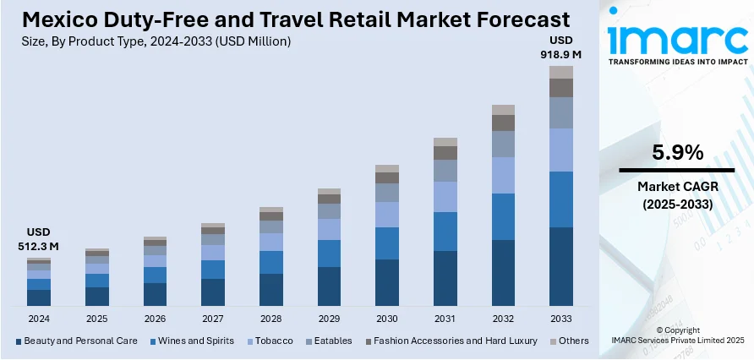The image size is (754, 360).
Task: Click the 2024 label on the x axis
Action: point(39,319)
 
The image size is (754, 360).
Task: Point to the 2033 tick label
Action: point(561,319)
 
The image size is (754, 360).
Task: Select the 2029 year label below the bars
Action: point(329,319)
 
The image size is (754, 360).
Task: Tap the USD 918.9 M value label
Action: point(561,47)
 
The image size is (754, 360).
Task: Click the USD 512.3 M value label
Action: point(40,239)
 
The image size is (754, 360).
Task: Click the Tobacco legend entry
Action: point(271,341)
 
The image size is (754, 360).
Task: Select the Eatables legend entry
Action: point(331,341)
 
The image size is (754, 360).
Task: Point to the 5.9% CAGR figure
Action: point(677,153)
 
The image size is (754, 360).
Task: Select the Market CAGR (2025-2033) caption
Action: point(677,195)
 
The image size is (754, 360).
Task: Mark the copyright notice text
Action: point(677,335)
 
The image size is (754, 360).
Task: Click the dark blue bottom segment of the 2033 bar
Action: point(561,266)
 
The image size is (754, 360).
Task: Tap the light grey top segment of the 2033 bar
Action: point(561,72)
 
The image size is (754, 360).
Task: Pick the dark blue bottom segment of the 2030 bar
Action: point(387,282)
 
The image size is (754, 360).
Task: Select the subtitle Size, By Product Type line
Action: point(153,41)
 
